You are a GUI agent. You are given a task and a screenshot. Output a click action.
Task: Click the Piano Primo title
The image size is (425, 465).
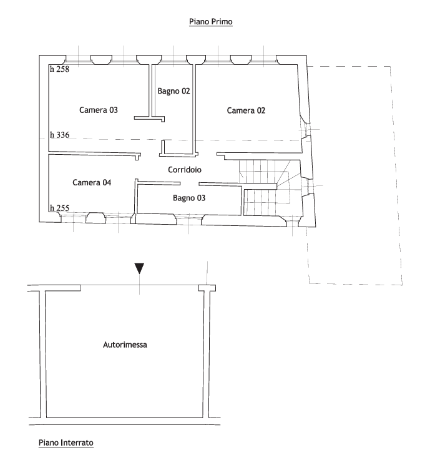(x=210, y=22)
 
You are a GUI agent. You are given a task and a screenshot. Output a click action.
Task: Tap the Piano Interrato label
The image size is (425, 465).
(x=66, y=443)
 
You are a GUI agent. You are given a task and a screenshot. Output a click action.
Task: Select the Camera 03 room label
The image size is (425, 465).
(x=99, y=110)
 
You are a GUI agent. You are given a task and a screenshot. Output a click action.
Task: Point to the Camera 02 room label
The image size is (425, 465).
(x=246, y=110)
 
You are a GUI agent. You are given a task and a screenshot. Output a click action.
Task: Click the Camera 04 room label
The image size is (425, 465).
(x=92, y=182)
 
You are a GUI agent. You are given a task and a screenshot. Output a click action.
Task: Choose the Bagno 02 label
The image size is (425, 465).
(x=173, y=91)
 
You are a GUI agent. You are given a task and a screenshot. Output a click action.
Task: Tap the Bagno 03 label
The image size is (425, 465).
(x=189, y=198)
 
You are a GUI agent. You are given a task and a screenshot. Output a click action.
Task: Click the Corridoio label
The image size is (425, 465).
(x=185, y=170)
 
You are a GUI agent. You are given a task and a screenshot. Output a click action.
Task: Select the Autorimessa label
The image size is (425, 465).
(x=125, y=345)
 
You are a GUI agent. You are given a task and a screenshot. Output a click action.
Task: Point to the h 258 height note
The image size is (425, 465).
(x=59, y=69)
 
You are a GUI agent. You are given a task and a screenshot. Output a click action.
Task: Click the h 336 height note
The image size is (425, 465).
(x=59, y=135)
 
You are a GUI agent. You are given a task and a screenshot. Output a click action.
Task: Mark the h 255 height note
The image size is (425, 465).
(x=59, y=208)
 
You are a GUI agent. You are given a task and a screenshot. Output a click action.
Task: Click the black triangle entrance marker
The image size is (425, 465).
(x=139, y=268)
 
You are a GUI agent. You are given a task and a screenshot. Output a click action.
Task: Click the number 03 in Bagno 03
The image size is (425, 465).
(x=201, y=198)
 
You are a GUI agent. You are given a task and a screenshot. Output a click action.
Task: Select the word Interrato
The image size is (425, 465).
(x=77, y=443)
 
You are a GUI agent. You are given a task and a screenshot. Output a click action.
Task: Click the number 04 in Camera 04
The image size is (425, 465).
(x=107, y=182)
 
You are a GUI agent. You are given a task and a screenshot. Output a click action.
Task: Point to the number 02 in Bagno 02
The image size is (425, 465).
(x=185, y=91)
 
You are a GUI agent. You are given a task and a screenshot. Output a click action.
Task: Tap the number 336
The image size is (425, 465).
(x=62, y=135)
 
